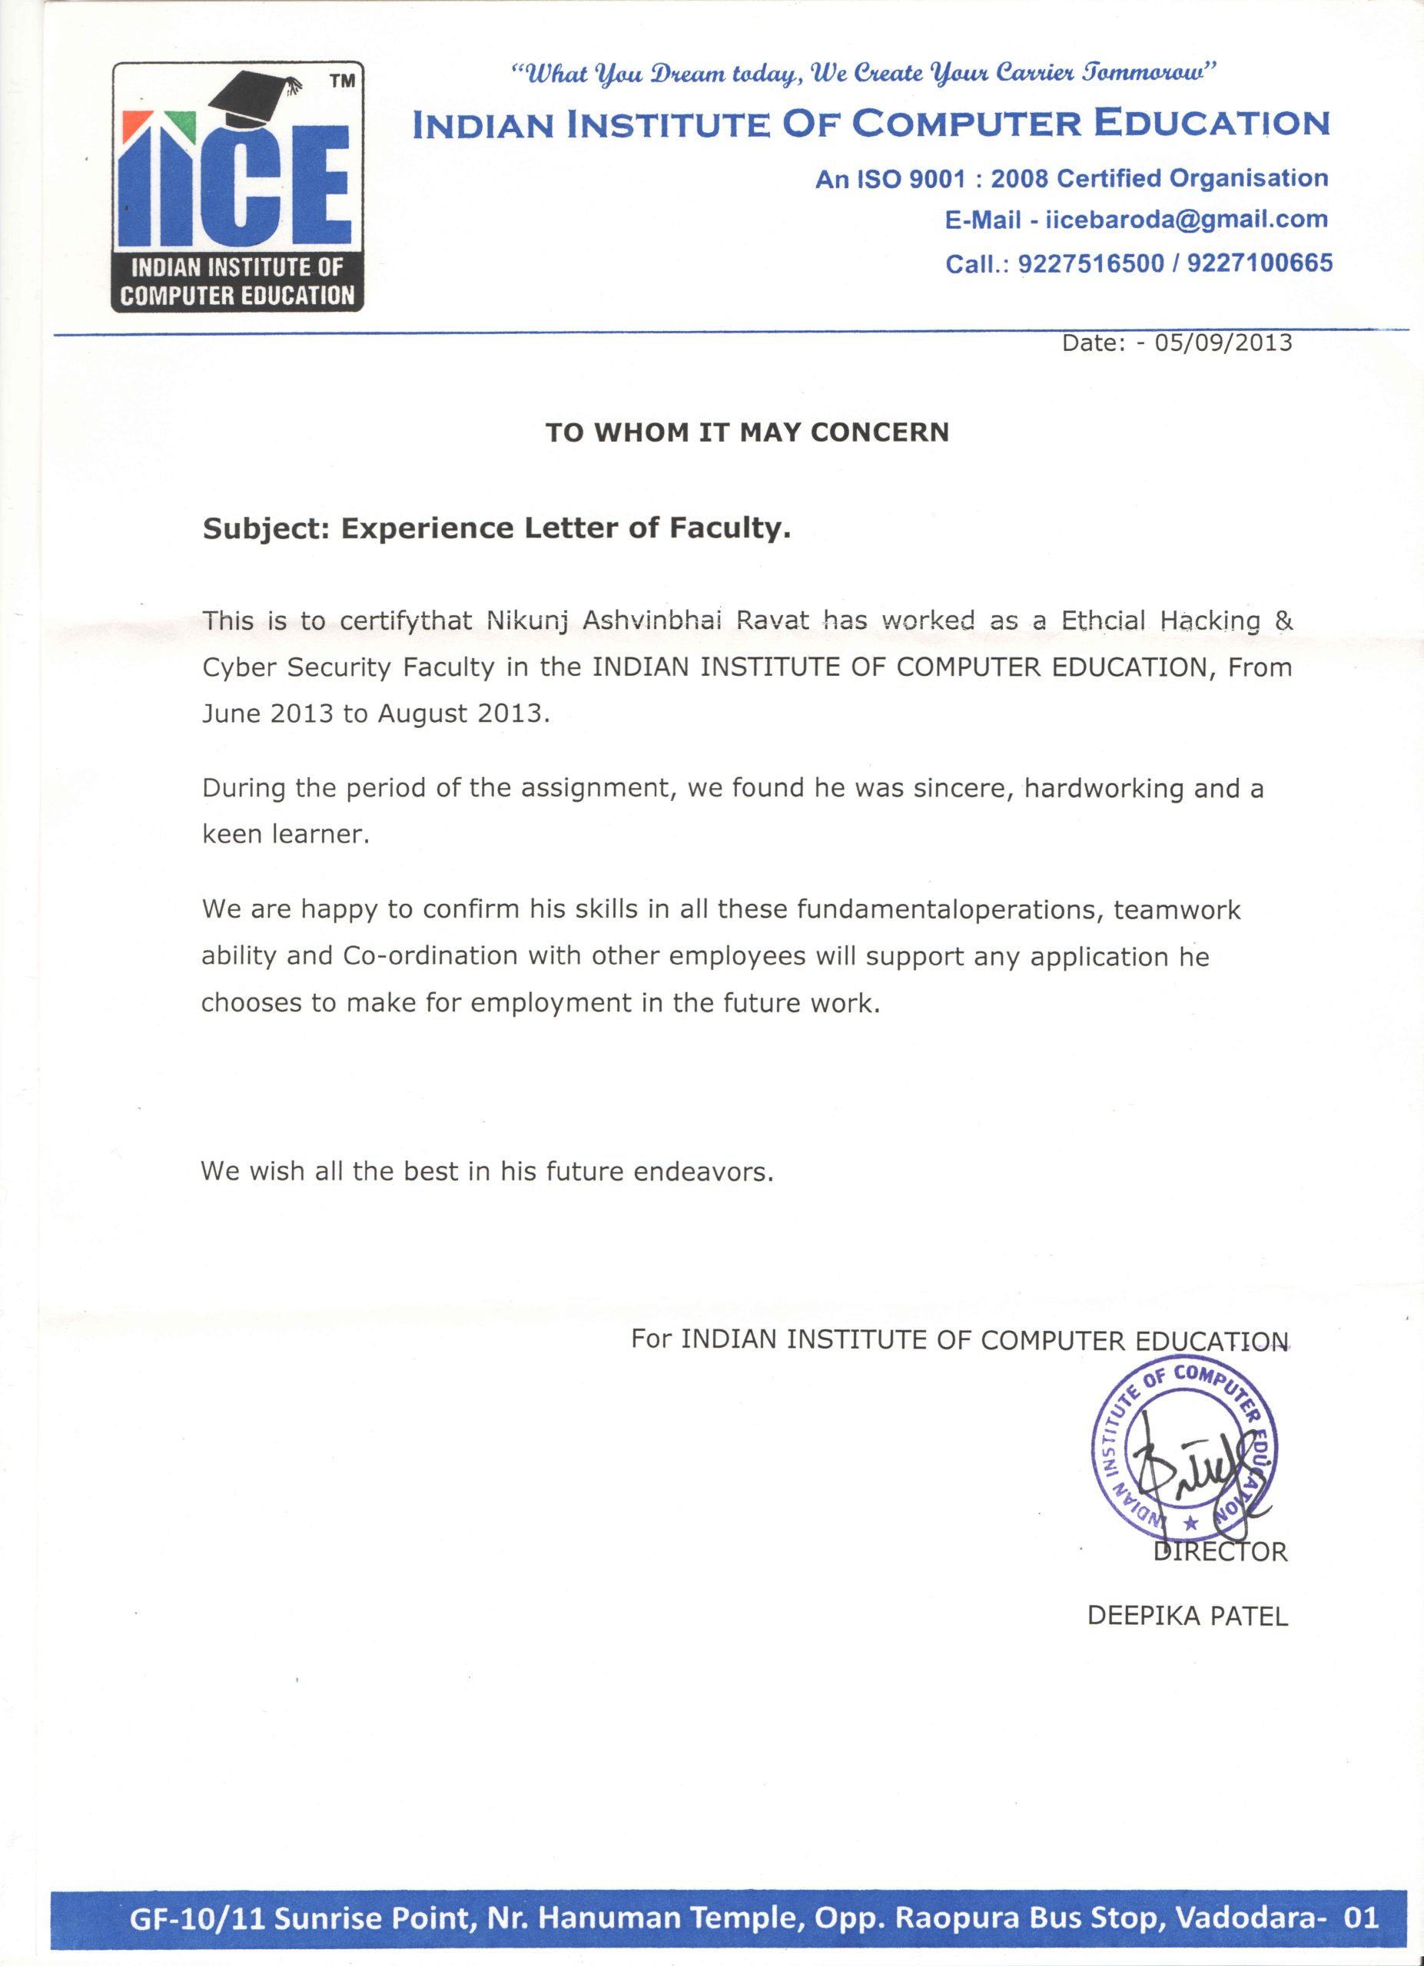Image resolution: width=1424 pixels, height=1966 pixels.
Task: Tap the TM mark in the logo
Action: point(343,81)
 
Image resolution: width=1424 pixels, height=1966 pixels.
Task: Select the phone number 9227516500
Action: point(1090,263)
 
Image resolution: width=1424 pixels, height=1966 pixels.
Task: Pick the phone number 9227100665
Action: point(1260,263)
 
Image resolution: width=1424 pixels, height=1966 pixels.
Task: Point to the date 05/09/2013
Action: point(1223,343)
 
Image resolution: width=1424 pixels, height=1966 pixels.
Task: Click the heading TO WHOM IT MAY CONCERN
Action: point(747,432)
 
